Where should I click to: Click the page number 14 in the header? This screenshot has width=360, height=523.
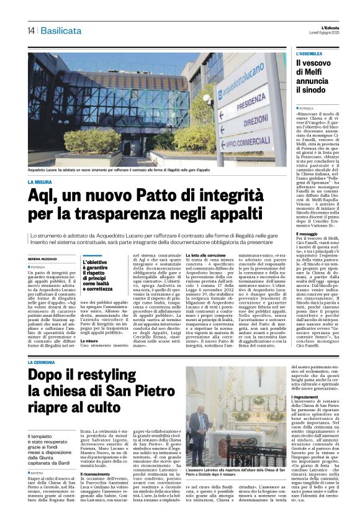pos(30,30)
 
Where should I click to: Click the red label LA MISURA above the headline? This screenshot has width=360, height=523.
pos(40,182)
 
